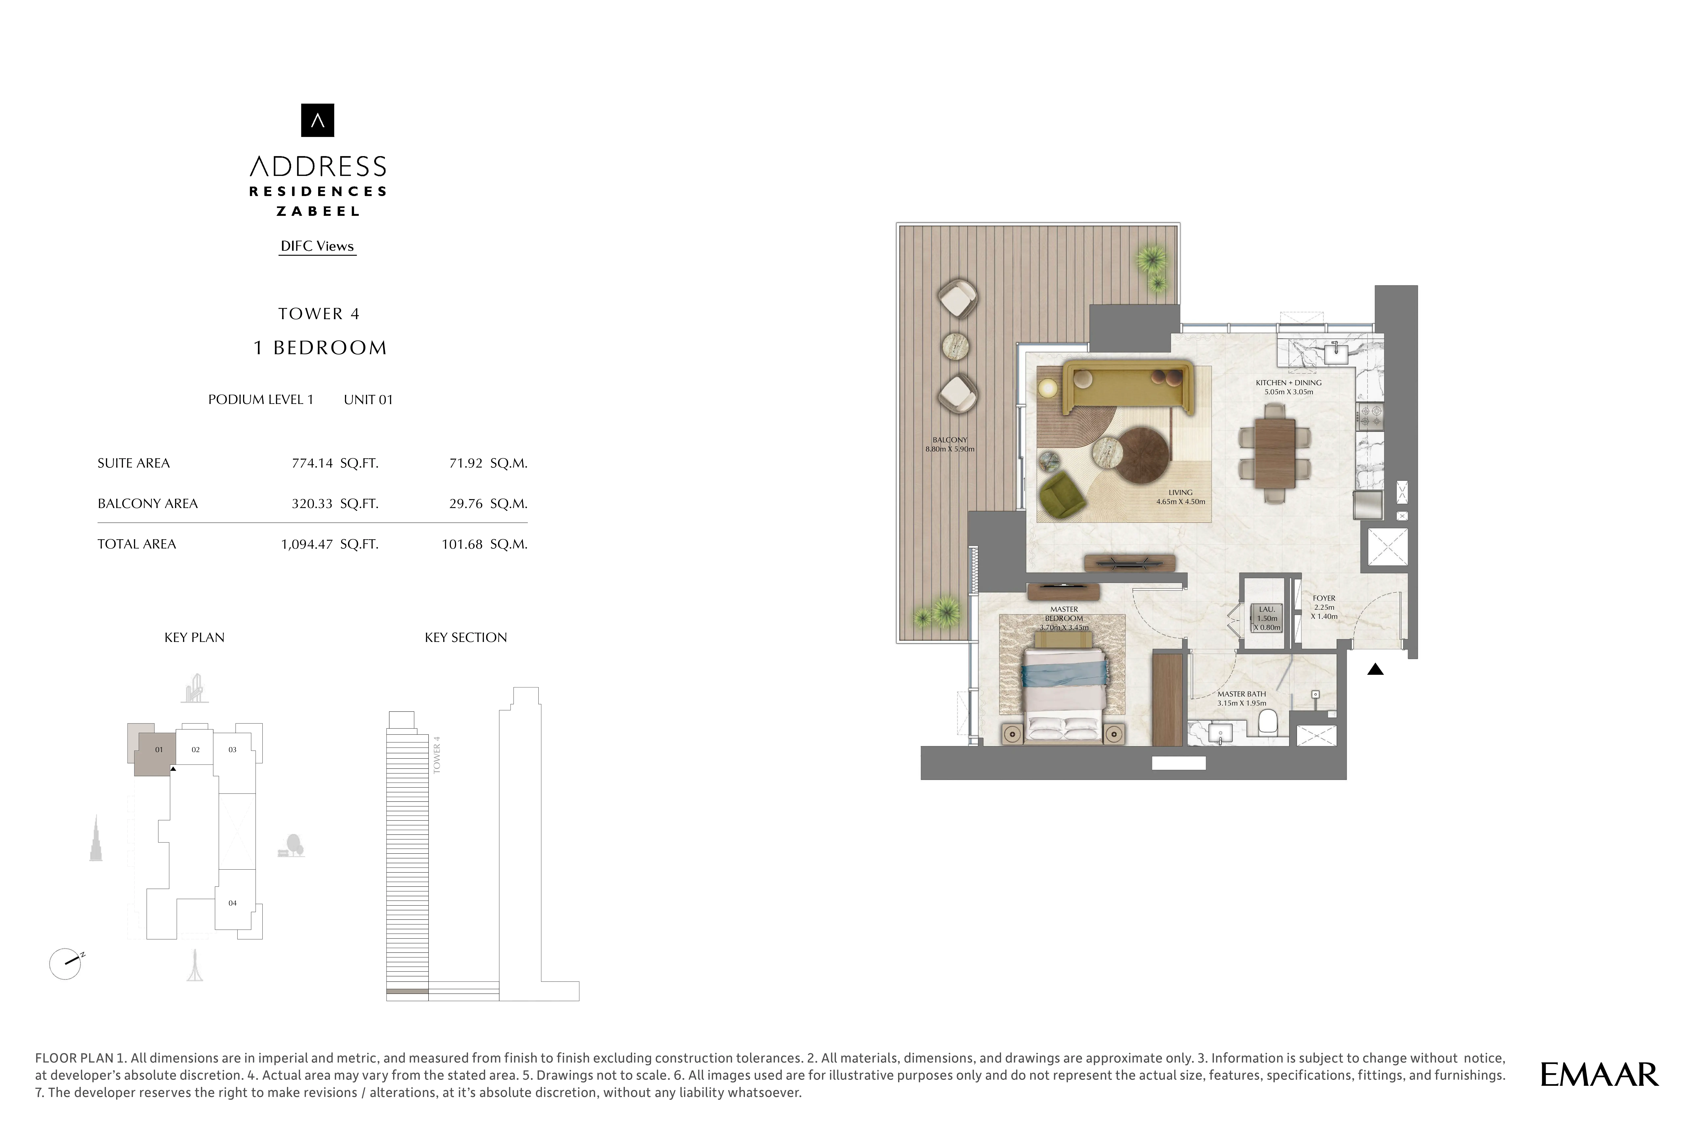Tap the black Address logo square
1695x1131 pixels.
coord(317,120)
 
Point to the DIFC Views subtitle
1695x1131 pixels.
coord(317,246)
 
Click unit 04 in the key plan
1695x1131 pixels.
coord(232,903)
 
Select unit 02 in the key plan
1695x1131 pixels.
coord(196,749)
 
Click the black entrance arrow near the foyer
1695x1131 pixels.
coord(1375,669)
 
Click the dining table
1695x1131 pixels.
coord(1275,452)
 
